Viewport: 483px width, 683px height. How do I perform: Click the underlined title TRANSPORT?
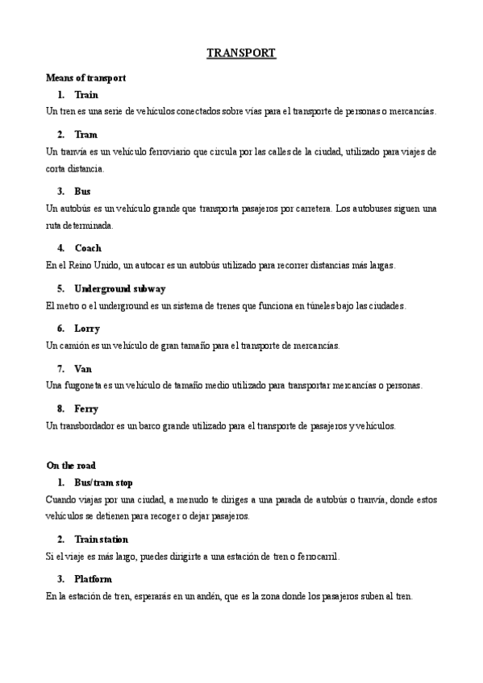[x=241, y=54]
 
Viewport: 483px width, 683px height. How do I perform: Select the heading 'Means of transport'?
[x=85, y=78]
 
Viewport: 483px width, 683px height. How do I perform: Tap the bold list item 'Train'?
[x=86, y=95]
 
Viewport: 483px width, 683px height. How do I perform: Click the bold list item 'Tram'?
[x=85, y=135]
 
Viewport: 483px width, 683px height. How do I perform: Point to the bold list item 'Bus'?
[x=82, y=192]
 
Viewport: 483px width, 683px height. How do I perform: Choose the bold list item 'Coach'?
[x=88, y=248]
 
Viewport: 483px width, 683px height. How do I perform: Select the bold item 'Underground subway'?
[x=119, y=288]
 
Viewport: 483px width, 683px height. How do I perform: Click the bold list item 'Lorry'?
[x=87, y=329]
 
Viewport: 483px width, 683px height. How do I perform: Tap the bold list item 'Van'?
[x=83, y=368]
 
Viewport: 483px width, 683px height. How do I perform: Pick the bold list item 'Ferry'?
[x=86, y=408]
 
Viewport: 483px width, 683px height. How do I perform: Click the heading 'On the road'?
[x=72, y=466]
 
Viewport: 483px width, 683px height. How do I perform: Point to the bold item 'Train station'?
[x=101, y=539]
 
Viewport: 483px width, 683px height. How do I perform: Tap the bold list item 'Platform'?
[x=93, y=579]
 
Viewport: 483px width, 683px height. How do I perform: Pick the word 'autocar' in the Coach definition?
[x=134, y=265]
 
